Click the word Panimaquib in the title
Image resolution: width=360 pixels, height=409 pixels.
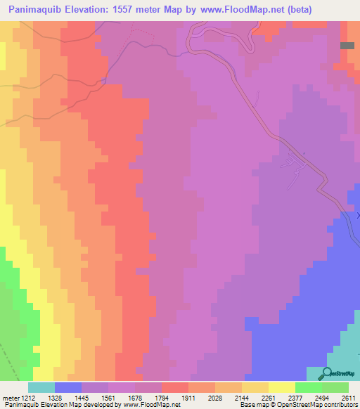(37, 10)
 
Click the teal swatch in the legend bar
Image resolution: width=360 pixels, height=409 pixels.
(41, 387)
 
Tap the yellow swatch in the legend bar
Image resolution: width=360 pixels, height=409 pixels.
(282, 387)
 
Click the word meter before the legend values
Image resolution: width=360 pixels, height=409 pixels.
(11, 398)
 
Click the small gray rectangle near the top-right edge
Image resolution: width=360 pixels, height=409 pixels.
(347, 45)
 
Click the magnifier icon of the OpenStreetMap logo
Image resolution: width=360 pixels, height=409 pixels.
(327, 372)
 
